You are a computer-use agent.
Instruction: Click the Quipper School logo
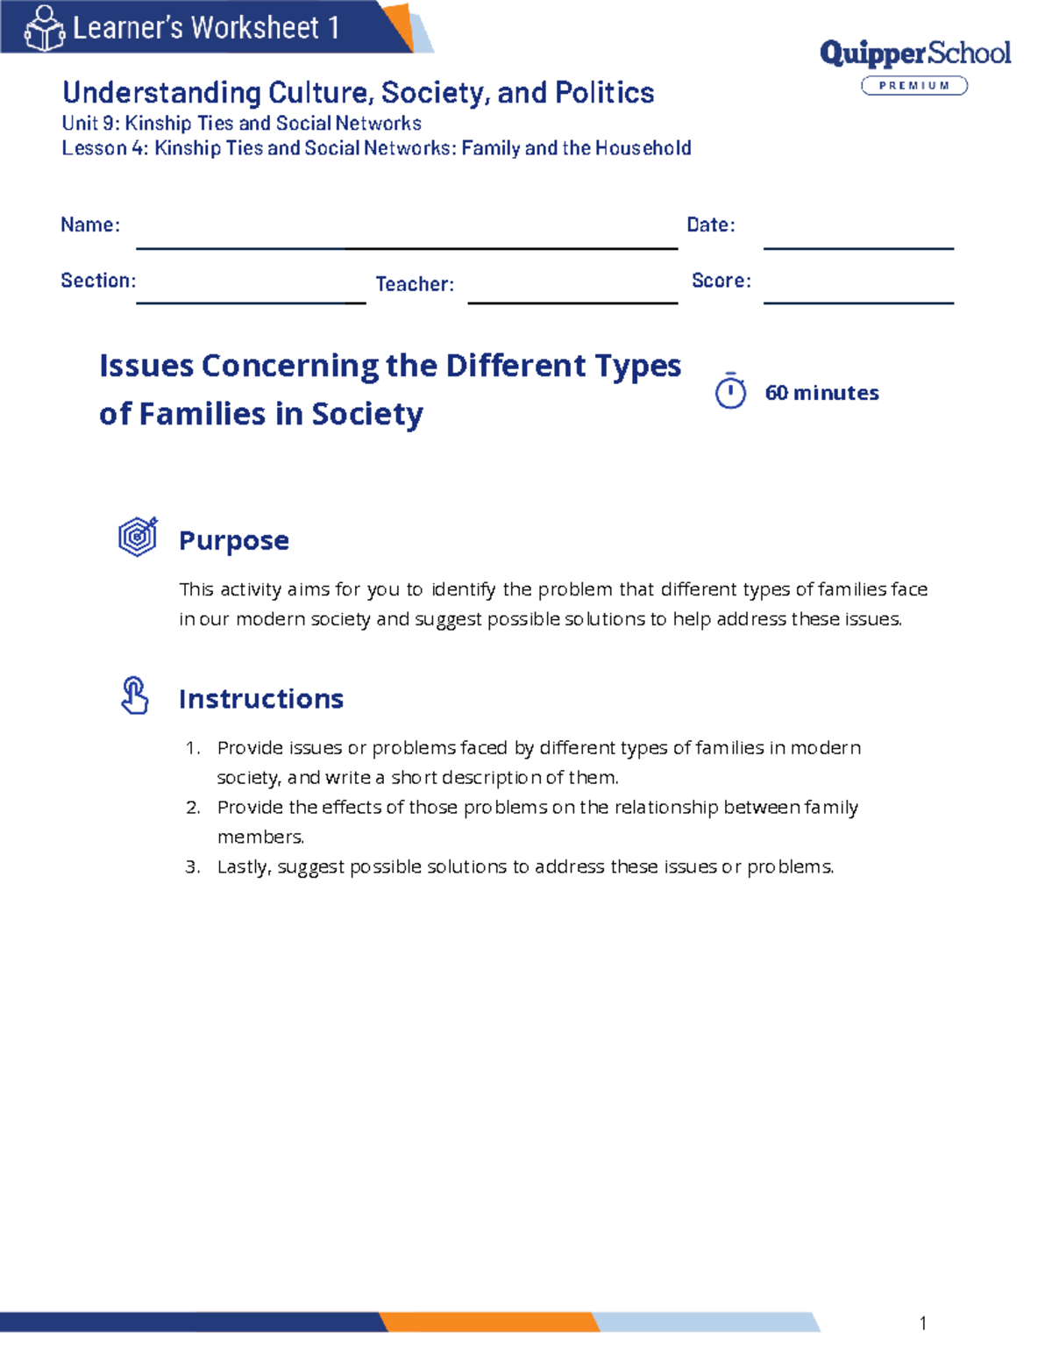click(x=914, y=53)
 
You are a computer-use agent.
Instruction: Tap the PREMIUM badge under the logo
click(x=914, y=85)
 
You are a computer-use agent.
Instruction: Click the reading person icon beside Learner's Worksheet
click(x=44, y=28)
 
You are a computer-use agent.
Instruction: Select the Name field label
click(x=89, y=225)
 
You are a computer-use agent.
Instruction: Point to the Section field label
click(x=98, y=281)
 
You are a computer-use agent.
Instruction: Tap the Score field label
click(x=721, y=281)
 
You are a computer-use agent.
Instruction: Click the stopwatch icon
click(x=730, y=391)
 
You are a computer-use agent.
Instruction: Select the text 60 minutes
click(x=821, y=393)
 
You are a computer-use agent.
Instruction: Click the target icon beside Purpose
click(x=138, y=536)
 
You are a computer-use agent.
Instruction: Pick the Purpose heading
click(x=233, y=540)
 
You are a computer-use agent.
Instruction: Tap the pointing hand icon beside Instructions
click(x=134, y=695)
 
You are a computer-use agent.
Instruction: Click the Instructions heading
click(x=260, y=699)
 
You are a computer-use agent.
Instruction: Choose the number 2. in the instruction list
click(x=193, y=808)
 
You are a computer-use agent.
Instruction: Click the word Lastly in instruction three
click(x=245, y=867)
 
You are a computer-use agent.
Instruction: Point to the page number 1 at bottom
click(x=923, y=1323)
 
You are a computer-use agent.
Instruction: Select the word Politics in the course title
click(x=604, y=93)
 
